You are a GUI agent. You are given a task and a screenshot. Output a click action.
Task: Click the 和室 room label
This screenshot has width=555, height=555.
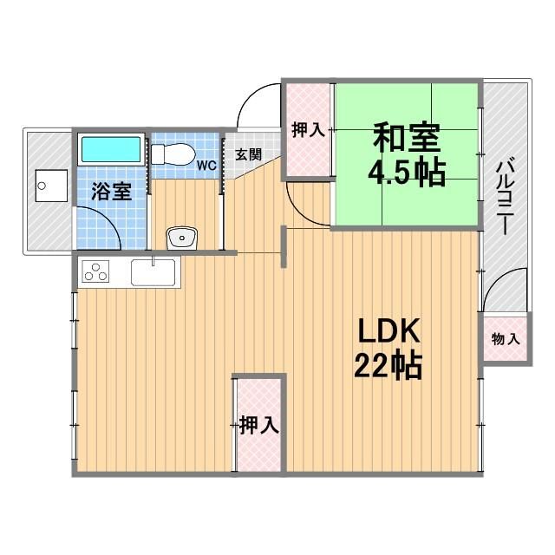coord(407,138)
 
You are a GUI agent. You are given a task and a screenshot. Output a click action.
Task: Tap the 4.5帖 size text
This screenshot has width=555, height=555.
coord(407,173)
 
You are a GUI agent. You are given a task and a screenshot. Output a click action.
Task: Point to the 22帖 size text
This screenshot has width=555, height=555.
coord(388,367)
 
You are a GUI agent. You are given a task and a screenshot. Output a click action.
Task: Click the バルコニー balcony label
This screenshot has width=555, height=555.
coord(502,194)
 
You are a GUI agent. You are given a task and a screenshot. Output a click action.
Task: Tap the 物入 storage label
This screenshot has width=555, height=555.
coord(505,338)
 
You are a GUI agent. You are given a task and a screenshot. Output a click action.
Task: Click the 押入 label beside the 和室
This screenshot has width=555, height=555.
coord(308,130)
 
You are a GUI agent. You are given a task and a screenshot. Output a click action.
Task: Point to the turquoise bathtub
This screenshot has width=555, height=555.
coord(112,149)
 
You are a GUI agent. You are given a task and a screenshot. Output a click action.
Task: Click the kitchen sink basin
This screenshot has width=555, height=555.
coord(154,275)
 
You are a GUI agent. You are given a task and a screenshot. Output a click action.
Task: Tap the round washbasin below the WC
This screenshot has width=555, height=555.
coord(181,236)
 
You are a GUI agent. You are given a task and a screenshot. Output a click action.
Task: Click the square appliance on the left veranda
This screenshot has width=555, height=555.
coord(46,185)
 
